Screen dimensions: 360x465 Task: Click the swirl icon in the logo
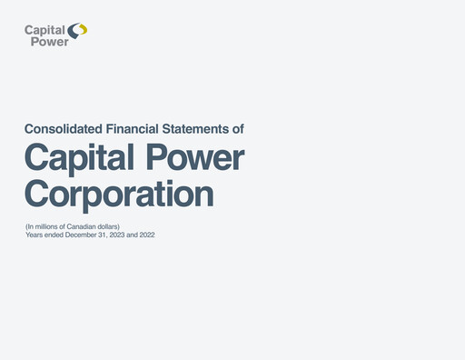point(79,32)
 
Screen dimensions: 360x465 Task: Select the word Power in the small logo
point(49,41)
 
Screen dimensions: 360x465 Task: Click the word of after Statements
point(238,129)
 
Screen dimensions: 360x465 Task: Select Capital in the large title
point(81,158)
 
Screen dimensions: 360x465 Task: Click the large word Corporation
point(119,194)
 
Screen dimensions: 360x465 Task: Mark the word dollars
point(108,225)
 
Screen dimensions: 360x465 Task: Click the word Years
point(35,235)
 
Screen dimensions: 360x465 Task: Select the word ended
point(54,235)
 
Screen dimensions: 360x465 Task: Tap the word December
point(84,235)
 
